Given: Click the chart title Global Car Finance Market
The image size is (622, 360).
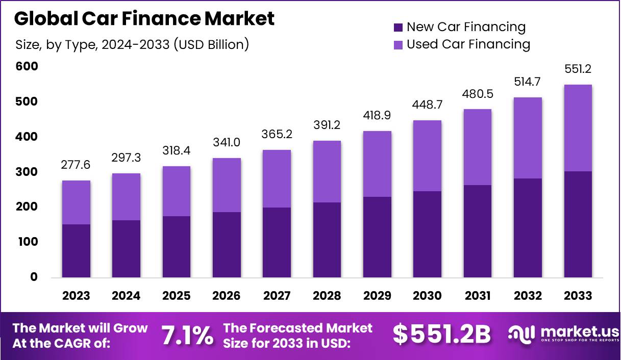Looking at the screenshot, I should point(144,18).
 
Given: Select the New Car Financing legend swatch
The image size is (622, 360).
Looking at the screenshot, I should point(399,27).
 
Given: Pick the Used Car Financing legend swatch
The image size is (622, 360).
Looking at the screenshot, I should point(399,45).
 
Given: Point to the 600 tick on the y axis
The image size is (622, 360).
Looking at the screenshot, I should point(27,67).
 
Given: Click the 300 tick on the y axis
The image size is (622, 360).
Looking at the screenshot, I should point(27,172).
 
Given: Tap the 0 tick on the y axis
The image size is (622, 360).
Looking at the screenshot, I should point(34,277).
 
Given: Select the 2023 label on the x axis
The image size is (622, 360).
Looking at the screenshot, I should point(76,296).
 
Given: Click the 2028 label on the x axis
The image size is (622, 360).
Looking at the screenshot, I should point(327,296).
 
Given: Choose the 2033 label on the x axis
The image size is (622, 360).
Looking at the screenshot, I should point(578,296).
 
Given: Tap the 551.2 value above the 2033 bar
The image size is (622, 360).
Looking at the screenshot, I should point(578,69).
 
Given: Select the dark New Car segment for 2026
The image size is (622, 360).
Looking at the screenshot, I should point(227,245).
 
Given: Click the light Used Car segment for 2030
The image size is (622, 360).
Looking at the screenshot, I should point(428,156).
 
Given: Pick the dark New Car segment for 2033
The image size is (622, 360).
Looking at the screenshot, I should point(578,224).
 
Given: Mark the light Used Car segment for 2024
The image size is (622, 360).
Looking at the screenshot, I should point(126,197).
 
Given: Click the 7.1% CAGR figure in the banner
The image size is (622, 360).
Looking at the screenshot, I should point(187,335).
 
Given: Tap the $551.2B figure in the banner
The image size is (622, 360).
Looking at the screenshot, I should point(442,335).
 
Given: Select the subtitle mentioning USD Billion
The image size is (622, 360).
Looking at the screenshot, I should point(133,45).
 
